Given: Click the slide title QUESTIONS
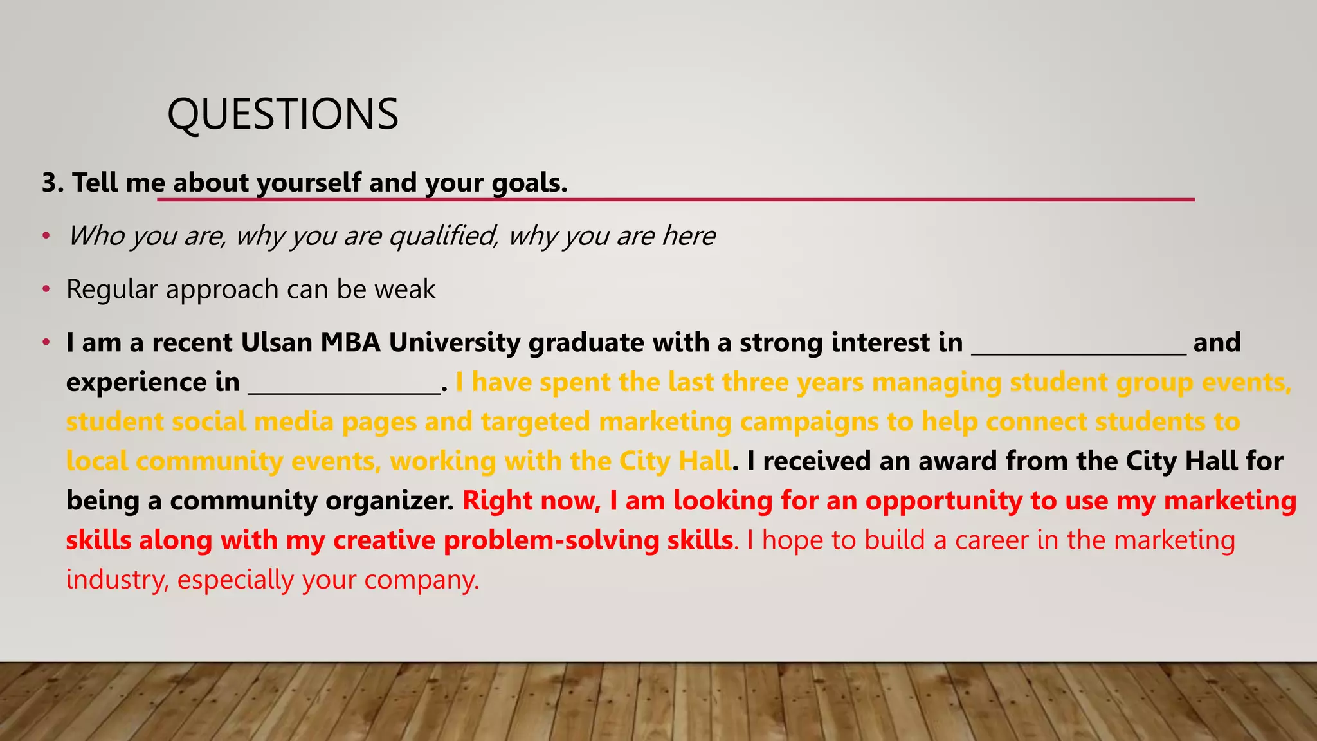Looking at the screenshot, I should coord(282,114).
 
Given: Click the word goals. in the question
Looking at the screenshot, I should coord(529,183).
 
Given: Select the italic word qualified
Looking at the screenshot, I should coord(443,237).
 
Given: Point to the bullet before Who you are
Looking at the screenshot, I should coord(46,237).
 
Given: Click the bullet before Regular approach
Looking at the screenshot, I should coord(46,290).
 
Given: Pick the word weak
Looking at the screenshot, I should coord(404,289).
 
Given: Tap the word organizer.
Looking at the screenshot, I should coord(390,501).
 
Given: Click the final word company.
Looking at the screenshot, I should coord(422,580).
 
